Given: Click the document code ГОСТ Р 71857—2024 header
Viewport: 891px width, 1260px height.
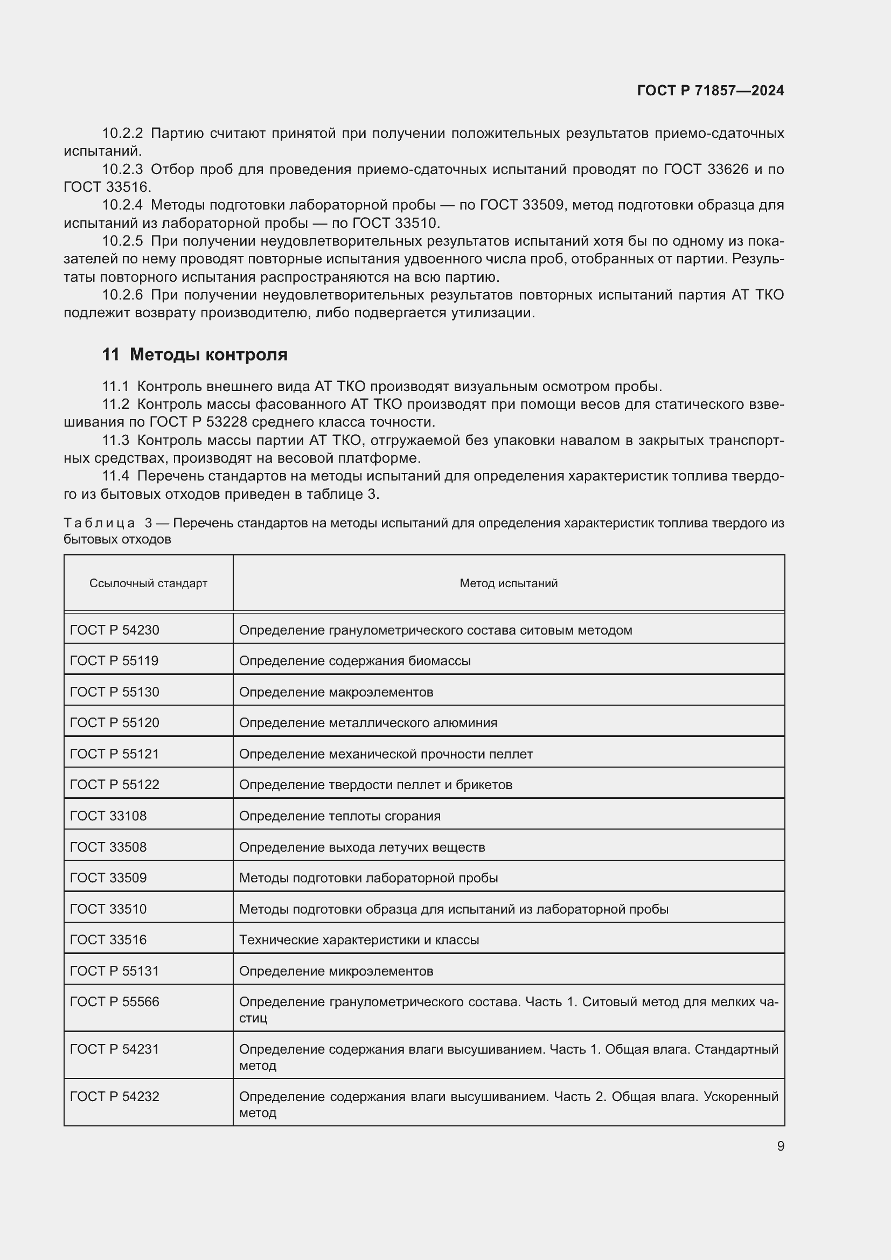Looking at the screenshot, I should coord(710,91).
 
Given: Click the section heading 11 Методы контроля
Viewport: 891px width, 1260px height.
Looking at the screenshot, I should coord(195,354).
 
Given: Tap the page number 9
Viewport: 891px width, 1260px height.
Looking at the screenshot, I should coord(780,1146).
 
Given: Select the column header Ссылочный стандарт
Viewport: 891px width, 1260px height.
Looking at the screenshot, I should coord(148,583).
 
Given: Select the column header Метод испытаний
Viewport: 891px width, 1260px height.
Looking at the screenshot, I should coord(508,583).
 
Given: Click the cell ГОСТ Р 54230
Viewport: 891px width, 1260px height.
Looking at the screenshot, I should coord(115,630).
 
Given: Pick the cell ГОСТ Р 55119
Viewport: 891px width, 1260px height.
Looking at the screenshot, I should coord(114,661).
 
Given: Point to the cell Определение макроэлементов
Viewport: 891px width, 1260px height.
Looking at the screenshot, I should coord(336,692).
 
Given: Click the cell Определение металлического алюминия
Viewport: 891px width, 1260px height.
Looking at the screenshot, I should coord(368,723).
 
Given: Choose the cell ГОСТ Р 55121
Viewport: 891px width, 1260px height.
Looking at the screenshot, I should coord(114,754).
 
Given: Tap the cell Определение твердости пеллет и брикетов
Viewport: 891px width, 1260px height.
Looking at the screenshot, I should coord(375,785).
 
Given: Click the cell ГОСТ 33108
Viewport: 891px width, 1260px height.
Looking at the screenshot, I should coord(108,816).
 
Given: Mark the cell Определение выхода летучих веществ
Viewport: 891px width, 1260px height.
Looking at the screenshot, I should coord(361,847).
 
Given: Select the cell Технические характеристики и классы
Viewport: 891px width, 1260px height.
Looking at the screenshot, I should coord(359,939).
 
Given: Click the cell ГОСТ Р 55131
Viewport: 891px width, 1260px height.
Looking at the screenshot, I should coord(114,971).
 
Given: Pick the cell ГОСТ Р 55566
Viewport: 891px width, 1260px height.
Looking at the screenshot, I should coord(114,1001).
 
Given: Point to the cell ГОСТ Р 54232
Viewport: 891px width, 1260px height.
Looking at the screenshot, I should coord(114,1096).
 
